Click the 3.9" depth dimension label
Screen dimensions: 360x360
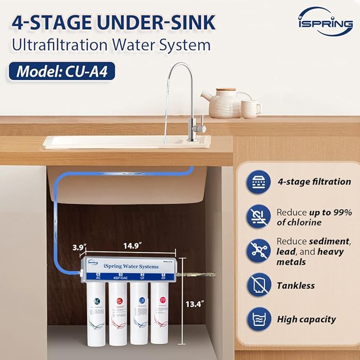80,247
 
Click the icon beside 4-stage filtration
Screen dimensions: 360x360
259,181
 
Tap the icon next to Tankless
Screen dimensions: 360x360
259,285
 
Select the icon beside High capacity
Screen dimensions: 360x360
259,319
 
